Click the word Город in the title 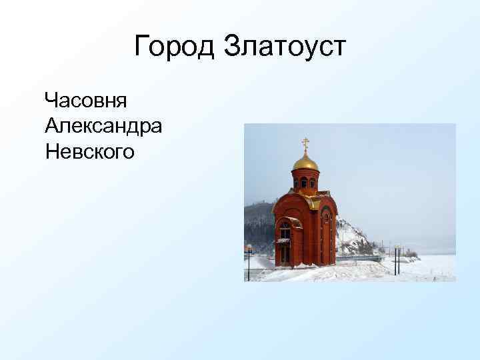[x=175, y=47]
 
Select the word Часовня [x=86, y=101]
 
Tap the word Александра [x=103, y=126]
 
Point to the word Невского [x=90, y=151]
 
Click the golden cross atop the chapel [x=306, y=143]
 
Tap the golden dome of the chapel [x=306, y=162]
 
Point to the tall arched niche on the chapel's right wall [x=327, y=233]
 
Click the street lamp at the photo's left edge [x=249, y=261]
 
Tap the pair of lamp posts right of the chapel [x=397, y=259]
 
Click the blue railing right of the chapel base [x=360, y=257]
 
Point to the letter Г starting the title [x=141, y=47]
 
